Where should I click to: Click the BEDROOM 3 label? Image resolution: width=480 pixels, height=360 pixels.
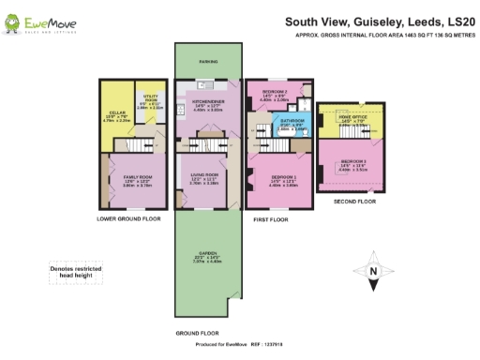(x=352, y=161)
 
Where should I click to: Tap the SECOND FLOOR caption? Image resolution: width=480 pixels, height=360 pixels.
(x=354, y=201)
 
